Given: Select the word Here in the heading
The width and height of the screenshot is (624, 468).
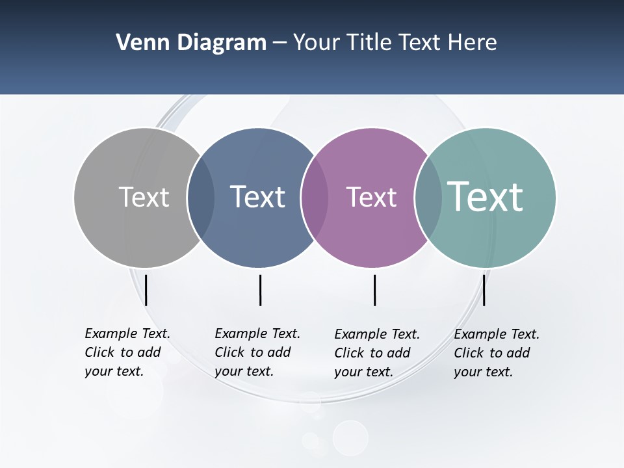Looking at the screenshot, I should coord(473,42).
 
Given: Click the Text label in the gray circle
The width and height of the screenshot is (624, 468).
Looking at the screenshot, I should coord(144,197).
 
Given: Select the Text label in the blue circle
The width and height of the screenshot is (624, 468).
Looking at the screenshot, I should coord(257,197).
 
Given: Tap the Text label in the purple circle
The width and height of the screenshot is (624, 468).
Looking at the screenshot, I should coord(371,197).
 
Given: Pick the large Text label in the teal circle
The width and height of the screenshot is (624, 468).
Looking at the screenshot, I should coord(485,196).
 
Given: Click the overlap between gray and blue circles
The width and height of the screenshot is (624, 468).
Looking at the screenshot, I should coord(201,198).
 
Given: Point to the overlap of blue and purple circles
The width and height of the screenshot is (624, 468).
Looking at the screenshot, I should coord(314,198).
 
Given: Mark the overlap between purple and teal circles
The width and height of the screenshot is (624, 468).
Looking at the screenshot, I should coord(428,198).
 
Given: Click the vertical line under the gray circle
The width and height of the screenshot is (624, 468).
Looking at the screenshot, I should coord(146,290).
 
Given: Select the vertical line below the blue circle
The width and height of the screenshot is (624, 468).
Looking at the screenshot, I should coord(260,290).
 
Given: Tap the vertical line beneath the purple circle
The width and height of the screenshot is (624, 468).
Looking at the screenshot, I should coord(375,290).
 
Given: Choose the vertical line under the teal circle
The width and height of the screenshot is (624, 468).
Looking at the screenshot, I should coord(484,290).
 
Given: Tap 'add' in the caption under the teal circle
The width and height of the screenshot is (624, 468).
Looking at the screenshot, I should coord(518,353).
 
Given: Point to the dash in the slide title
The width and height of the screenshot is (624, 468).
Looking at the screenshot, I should coord(279,43).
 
